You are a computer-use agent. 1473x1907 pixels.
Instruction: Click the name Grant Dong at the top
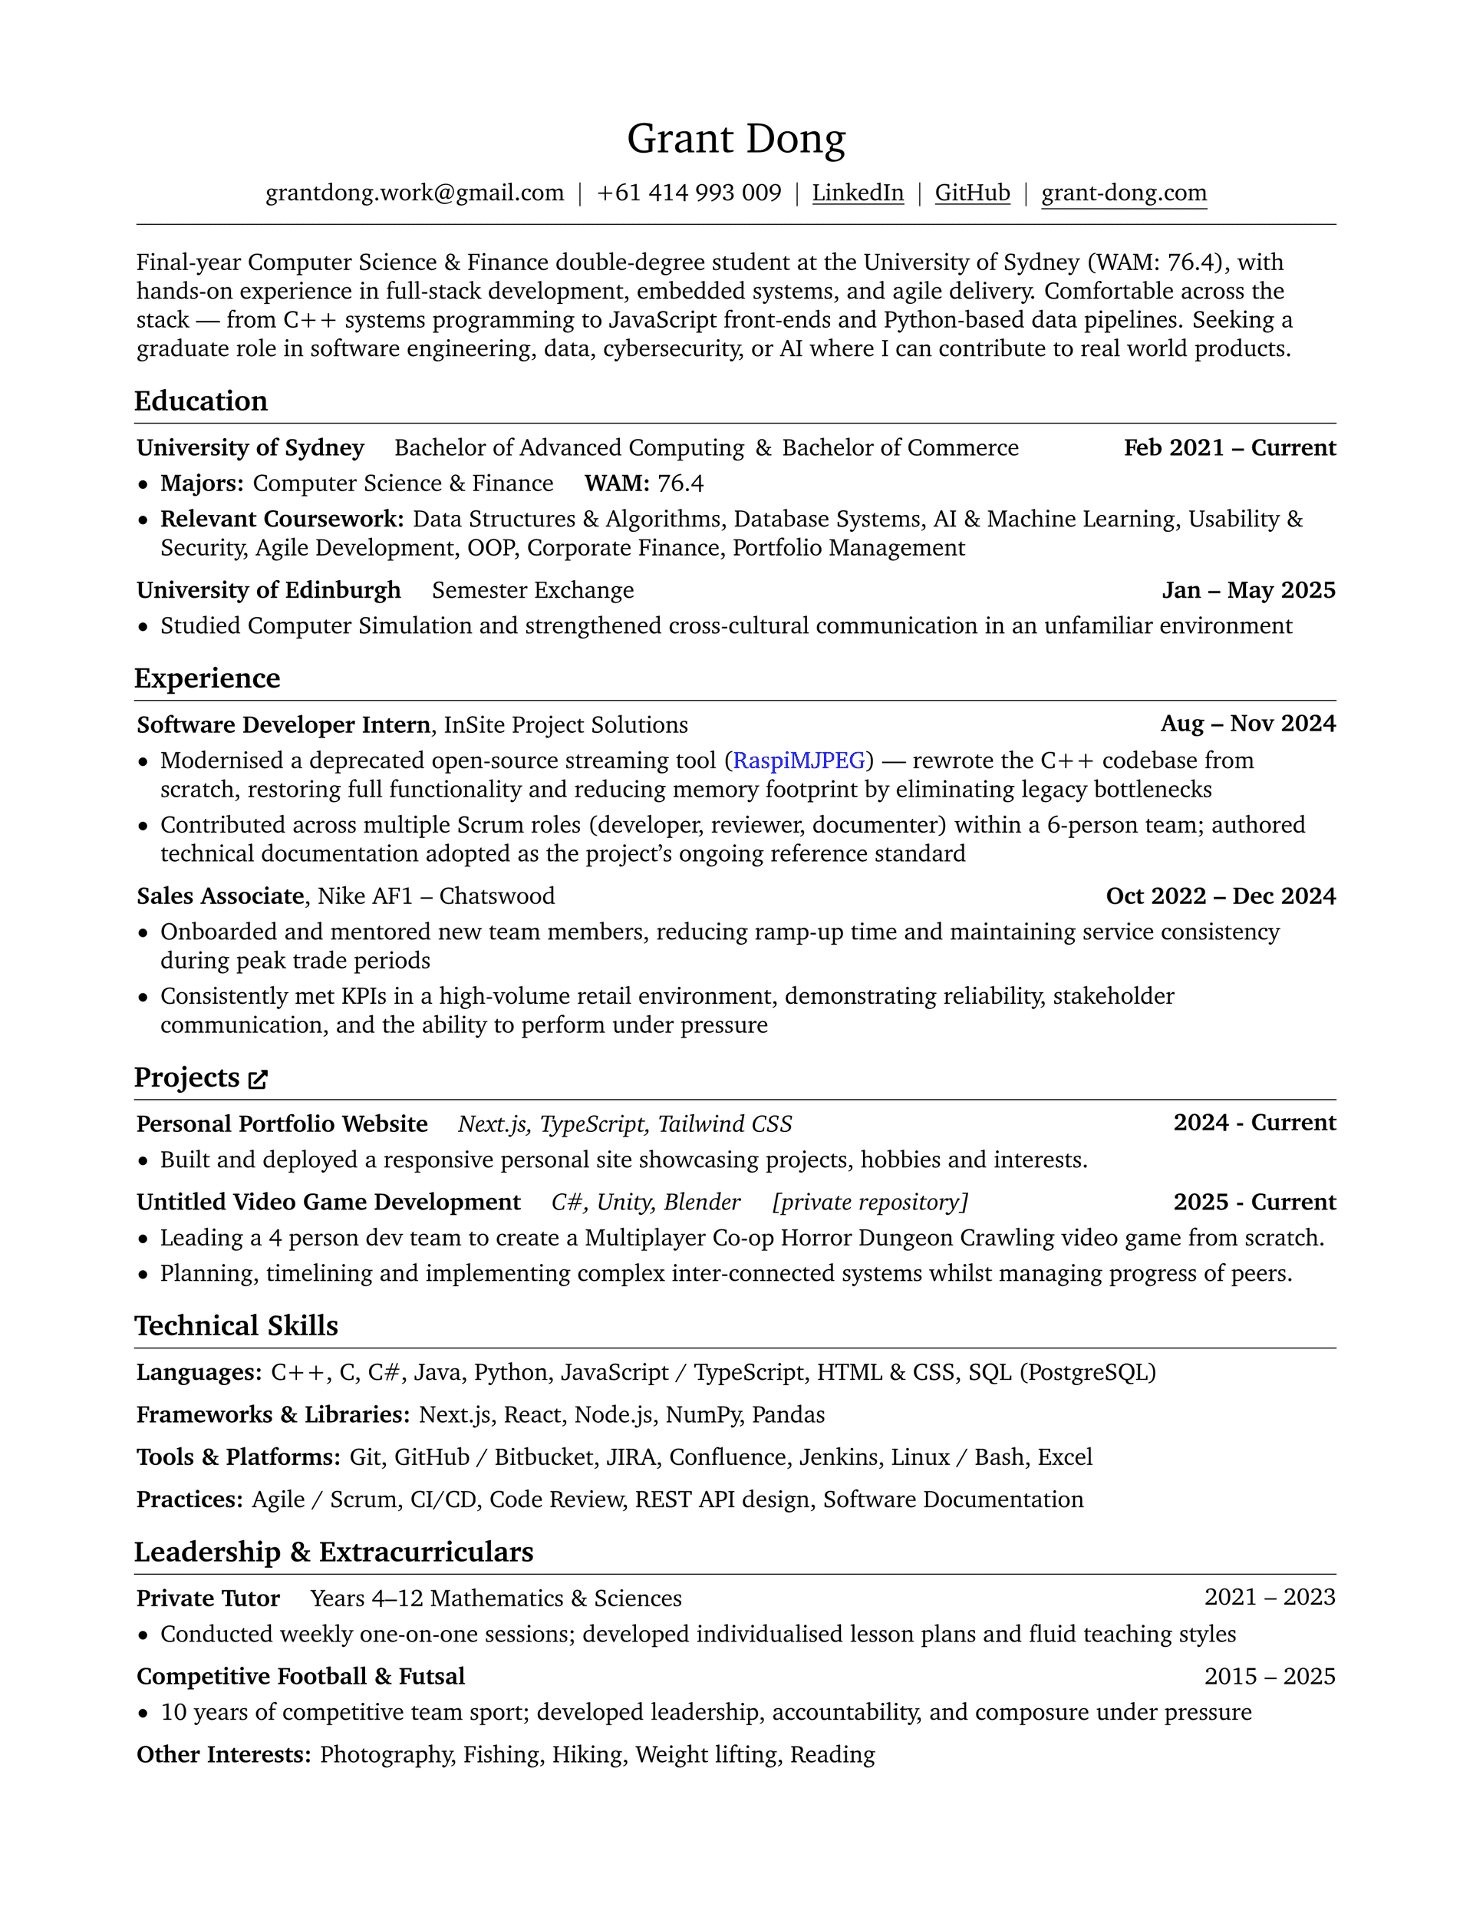pos(736,139)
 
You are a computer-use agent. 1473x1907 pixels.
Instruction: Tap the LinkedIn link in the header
pos(858,193)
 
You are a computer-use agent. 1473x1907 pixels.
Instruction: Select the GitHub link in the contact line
pos(972,193)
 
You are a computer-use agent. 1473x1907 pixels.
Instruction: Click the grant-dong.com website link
pos(1124,193)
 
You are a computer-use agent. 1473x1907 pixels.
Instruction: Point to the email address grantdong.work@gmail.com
pos(415,193)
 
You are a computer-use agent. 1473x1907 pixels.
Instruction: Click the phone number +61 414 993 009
pos(689,193)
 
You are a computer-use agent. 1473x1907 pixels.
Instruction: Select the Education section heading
pos(201,401)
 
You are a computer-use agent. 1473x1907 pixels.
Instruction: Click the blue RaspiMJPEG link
pos(799,760)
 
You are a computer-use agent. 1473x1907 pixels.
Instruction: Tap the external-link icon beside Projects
pos(258,1079)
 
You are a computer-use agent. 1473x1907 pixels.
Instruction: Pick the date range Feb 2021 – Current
pos(1229,448)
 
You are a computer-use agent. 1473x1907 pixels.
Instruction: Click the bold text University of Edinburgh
pos(269,590)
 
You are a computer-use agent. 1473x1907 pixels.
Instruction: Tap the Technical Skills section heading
pos(236,1325)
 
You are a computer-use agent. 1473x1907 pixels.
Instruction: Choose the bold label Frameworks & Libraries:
pos(272,1414)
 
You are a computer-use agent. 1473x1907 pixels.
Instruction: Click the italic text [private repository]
pos(870,1203)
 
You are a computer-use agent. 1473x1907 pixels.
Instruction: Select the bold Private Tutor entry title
pos(208,1598)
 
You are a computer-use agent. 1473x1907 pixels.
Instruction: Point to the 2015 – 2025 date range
pos(1270,1677)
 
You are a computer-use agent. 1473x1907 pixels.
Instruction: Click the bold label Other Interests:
pos(223,1754)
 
